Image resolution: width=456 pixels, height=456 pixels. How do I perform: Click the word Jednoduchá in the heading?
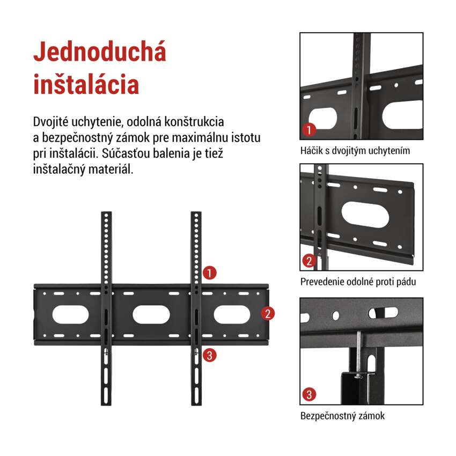click(100, 52)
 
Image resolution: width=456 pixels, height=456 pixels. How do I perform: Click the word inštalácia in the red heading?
click(86, 84)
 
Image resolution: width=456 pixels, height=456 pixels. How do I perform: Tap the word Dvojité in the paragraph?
click(50, 122)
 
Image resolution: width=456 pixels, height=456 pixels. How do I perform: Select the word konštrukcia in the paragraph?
click(194, 122)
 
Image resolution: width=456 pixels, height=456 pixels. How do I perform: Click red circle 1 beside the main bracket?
click(209, 273)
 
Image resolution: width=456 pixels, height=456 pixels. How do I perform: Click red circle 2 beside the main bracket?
click(268, 313)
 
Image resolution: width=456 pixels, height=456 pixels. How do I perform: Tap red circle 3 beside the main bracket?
click(209, 355)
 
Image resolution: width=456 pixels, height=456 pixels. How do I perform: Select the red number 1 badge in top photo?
click(309, 130)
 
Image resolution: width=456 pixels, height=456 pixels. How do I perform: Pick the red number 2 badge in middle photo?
click(309, 261)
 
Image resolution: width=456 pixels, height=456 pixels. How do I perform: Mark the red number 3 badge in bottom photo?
click(309, 395)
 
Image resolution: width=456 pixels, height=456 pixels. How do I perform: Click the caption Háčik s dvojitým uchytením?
click(355, 151)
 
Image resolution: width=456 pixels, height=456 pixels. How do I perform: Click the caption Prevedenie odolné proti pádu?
click(358, 282)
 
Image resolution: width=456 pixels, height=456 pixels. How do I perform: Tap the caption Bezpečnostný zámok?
click(342, 416)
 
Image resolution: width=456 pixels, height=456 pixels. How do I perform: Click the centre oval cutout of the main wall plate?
click(151, 314)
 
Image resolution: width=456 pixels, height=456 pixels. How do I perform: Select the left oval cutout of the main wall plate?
click(70, 314)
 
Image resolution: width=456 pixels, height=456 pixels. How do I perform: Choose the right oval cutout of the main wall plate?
click(232, 314)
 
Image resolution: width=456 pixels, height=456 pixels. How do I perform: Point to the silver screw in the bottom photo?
click(359, 355)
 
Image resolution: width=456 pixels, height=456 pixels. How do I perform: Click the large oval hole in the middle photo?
click(365, 215)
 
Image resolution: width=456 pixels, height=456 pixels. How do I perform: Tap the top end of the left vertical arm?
click(106, 212)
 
